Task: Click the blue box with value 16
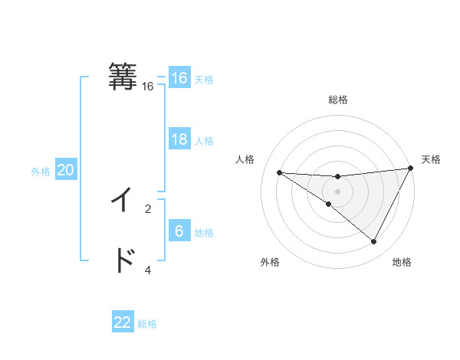pos(179,78)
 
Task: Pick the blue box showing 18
pos(179,139)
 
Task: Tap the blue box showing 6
pos(179,231)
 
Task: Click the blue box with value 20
pos(65,170)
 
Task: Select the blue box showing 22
pos(123,322)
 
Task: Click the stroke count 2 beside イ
pos(148,208)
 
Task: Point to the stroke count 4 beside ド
pos(148,269)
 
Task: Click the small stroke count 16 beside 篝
pos(148,87)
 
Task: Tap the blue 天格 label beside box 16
pos(204,80)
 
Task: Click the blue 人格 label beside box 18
pos(204,141)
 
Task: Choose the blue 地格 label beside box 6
pos(204,233)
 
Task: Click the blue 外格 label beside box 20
pos(41,172)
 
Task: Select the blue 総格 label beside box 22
pos(147,324)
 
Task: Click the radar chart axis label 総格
pos(338,100)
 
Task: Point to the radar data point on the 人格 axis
pos(279,172)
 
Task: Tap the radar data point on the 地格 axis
pos(374,242)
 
